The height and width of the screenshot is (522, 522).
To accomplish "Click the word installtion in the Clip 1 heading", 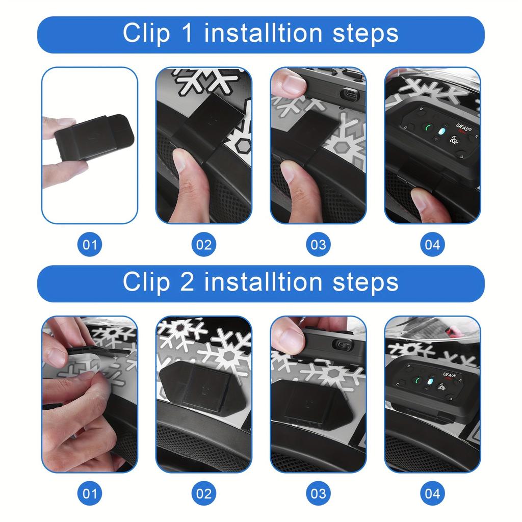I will point(264,34).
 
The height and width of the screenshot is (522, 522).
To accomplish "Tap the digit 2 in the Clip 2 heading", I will point(187,282).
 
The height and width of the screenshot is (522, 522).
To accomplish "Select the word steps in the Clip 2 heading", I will point(365,282).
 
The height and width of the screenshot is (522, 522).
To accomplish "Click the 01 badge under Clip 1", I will point(90,245).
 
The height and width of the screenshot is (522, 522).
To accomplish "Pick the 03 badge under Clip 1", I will point(318,245).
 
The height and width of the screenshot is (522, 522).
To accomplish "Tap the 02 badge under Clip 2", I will point(204,493).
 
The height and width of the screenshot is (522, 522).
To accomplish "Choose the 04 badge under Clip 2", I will point(432,493).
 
